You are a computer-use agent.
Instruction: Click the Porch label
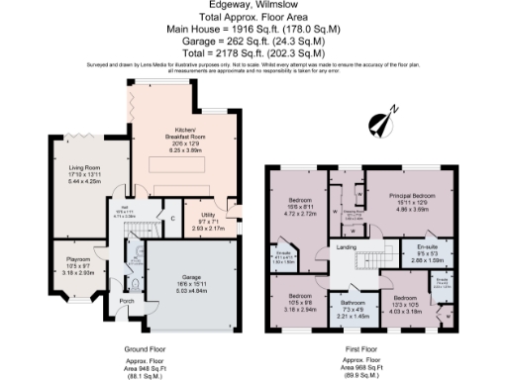click(126, 302)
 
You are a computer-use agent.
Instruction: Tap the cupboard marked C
click(172, 218)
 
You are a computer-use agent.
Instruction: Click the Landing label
click(346, 246)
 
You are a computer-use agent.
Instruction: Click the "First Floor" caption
click(362, 349)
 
